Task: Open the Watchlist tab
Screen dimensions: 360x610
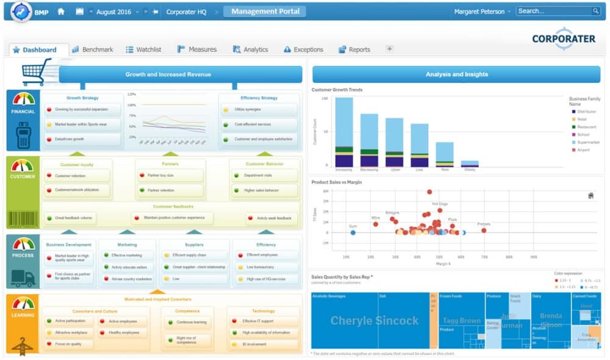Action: click(x=144, y=49)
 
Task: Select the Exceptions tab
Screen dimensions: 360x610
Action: click(x=303, y=49)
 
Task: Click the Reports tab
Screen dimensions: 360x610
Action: click(x=354, y=49)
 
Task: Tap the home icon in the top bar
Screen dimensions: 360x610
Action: click(x=61, y=12)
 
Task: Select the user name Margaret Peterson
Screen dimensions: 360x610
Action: click(x=479, y=12)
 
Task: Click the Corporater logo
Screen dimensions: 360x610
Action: click(x=563, y=38)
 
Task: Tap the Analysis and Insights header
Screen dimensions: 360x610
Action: click(x=457, y=74)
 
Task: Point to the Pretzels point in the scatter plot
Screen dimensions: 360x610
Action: click(x=484, y=230)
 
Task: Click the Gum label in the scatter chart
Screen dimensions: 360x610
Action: click(x=353, y=226)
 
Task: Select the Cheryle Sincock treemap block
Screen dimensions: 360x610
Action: click(x=374, y=320)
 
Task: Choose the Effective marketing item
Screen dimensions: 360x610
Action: click(x=126, y=255)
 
